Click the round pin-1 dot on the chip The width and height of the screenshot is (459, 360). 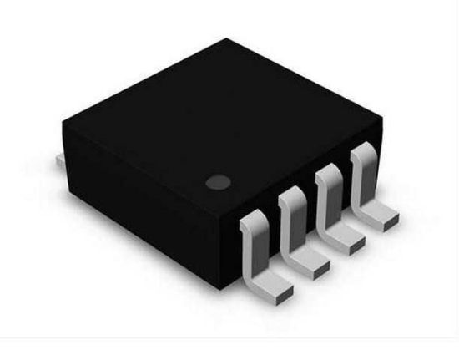pos(219,180)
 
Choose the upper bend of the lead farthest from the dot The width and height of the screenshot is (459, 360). pos(362,155)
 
